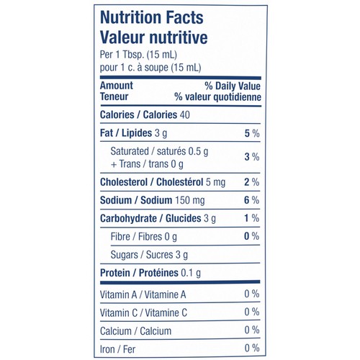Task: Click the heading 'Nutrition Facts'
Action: (152, 17)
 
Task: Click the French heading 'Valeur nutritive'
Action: (154, 37)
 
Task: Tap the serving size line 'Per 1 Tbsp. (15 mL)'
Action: (138, 55)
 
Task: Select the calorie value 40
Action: (185, 114)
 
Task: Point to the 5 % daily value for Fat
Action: (252, 133)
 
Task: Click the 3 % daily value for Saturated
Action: (252, 157)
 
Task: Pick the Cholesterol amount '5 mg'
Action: (215, 182)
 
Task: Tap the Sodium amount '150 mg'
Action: (190, 200)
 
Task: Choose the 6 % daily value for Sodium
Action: (252, 200)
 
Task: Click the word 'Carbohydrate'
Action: (128, 219)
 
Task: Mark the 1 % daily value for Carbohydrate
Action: (252, 218)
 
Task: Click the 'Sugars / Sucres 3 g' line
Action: (149, 255)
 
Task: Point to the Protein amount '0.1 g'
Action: (191, 273)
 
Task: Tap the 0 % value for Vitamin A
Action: (252, 294)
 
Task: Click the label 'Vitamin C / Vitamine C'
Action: (143, 313)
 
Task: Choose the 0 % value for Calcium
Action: (252, 330)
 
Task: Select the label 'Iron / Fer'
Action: (117, 349)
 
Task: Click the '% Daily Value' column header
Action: (233, 86)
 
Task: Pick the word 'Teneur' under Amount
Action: (114, 96)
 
